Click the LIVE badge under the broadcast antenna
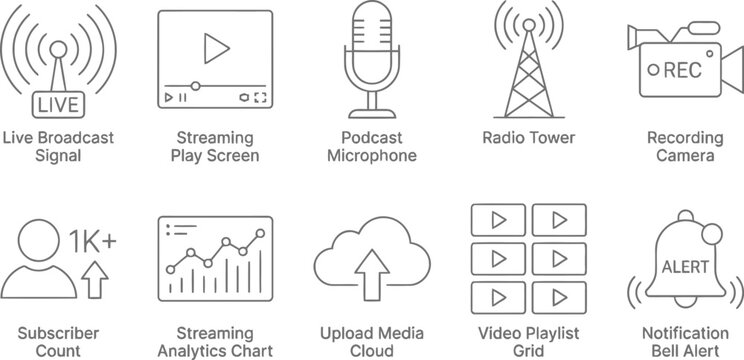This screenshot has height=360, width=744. tap(57, 104)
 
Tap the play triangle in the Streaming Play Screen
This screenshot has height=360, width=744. tap(213, 47)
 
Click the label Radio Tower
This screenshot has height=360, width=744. tap(528, 138)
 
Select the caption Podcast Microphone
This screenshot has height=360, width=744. tap(371, 147)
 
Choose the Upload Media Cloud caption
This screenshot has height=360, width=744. tap(371, 341)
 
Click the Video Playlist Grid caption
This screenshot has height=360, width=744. tap(528, 341)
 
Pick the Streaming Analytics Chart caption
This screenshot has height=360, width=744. tap(214, 341)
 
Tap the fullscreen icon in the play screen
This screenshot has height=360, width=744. tap(259, 98)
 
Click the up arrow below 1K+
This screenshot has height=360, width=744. tap(95, 279)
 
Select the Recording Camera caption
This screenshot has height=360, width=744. tap(685, 147)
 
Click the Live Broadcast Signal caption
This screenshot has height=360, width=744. tap(57, 147)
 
